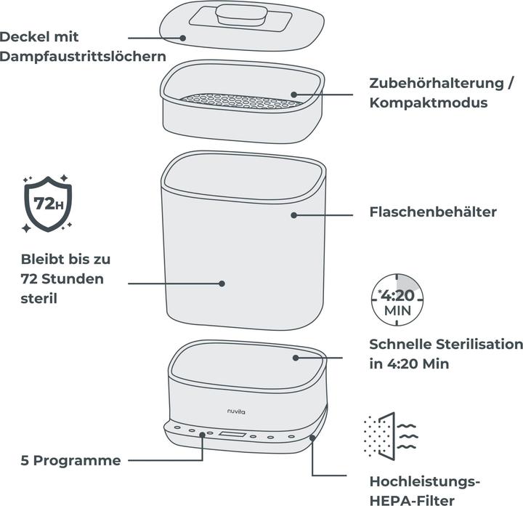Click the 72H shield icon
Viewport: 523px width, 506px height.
pyautogui.click(x=46, y=203)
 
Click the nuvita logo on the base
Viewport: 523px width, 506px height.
pyautogui.click(x=234, y=410)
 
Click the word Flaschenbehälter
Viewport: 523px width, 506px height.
pyautogui.click(x=433, y=212)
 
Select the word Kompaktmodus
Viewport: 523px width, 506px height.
pyautogui.click(x=428, y=103)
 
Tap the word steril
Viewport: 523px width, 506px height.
pyautogui.click(x=38, y=299)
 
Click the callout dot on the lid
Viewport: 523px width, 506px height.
pyautogui.click(x=184, y=37)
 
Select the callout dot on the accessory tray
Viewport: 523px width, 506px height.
pyautogui.click(x=295, y=94)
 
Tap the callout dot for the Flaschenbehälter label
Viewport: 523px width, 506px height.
pyautogui.click(x=294, y=214)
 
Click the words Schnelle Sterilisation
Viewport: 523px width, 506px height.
pyautogui.click(x=445, y=344)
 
